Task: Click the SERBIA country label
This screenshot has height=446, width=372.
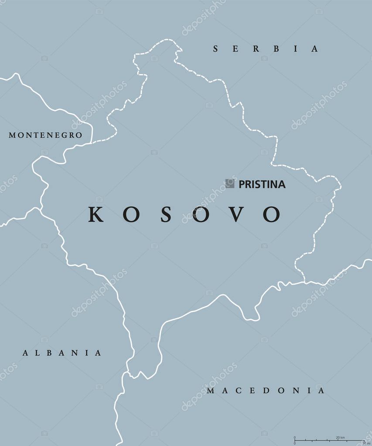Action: tap(266, 49)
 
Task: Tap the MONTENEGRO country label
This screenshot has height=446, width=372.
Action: tap(45, 135)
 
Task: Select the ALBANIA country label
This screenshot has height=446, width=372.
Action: tap(62, 353)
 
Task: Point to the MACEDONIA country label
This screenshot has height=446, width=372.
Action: tap(266, 391)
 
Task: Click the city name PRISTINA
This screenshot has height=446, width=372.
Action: tap(262, 184)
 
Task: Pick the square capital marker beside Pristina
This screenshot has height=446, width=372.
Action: tap(230, 184)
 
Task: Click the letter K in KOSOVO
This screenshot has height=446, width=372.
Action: tap(96, 214)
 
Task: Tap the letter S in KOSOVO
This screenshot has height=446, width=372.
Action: tap(165, 214)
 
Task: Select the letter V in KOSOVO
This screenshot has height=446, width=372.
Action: tap(236, 214)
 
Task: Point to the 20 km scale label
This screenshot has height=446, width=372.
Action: tap(341, 437)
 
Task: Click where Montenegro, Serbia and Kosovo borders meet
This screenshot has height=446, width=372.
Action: tap(92, 142)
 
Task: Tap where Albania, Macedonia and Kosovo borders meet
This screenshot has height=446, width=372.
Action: tap(128, 372)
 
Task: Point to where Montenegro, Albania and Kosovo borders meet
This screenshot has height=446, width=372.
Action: tap(40, 209)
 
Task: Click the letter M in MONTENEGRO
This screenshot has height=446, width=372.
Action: tap(12, 135)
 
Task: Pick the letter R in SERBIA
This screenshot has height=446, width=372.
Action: tap(249, 49)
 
